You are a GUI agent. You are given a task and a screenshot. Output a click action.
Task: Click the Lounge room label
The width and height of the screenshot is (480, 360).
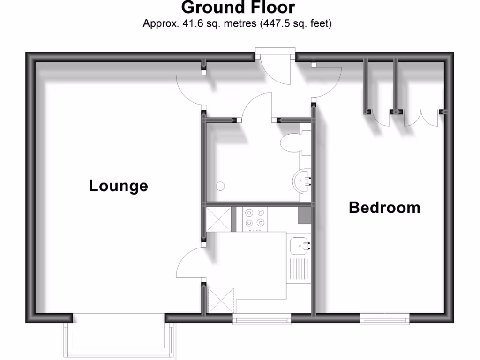[x=119, y=186]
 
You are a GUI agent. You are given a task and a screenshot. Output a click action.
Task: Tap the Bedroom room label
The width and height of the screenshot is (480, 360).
[x=384, y=207]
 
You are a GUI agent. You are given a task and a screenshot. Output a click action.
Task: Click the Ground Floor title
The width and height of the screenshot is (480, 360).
[x=238, y=8]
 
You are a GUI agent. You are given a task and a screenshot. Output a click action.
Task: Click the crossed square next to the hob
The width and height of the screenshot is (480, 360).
[x=218, y=219]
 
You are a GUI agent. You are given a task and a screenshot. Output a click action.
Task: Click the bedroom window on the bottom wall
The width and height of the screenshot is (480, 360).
[x=385, y=319]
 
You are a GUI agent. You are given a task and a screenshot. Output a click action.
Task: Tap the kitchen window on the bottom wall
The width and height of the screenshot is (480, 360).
[x=262, y=319]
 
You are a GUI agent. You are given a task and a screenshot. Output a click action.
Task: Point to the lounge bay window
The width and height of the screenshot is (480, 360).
[x=119, y=336]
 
